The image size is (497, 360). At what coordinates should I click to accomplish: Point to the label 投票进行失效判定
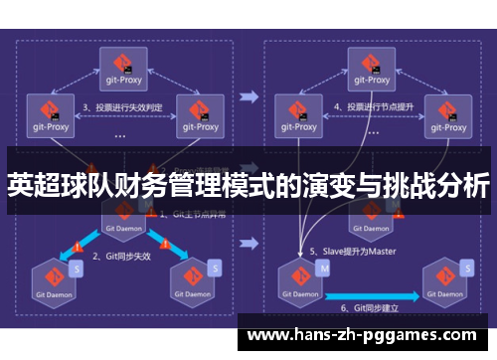click(124, 106)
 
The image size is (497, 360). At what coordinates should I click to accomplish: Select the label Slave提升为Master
click(354, 251)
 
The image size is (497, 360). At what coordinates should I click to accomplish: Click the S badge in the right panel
click(468, 269)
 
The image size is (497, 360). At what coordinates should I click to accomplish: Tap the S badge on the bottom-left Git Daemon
click(77, 269)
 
